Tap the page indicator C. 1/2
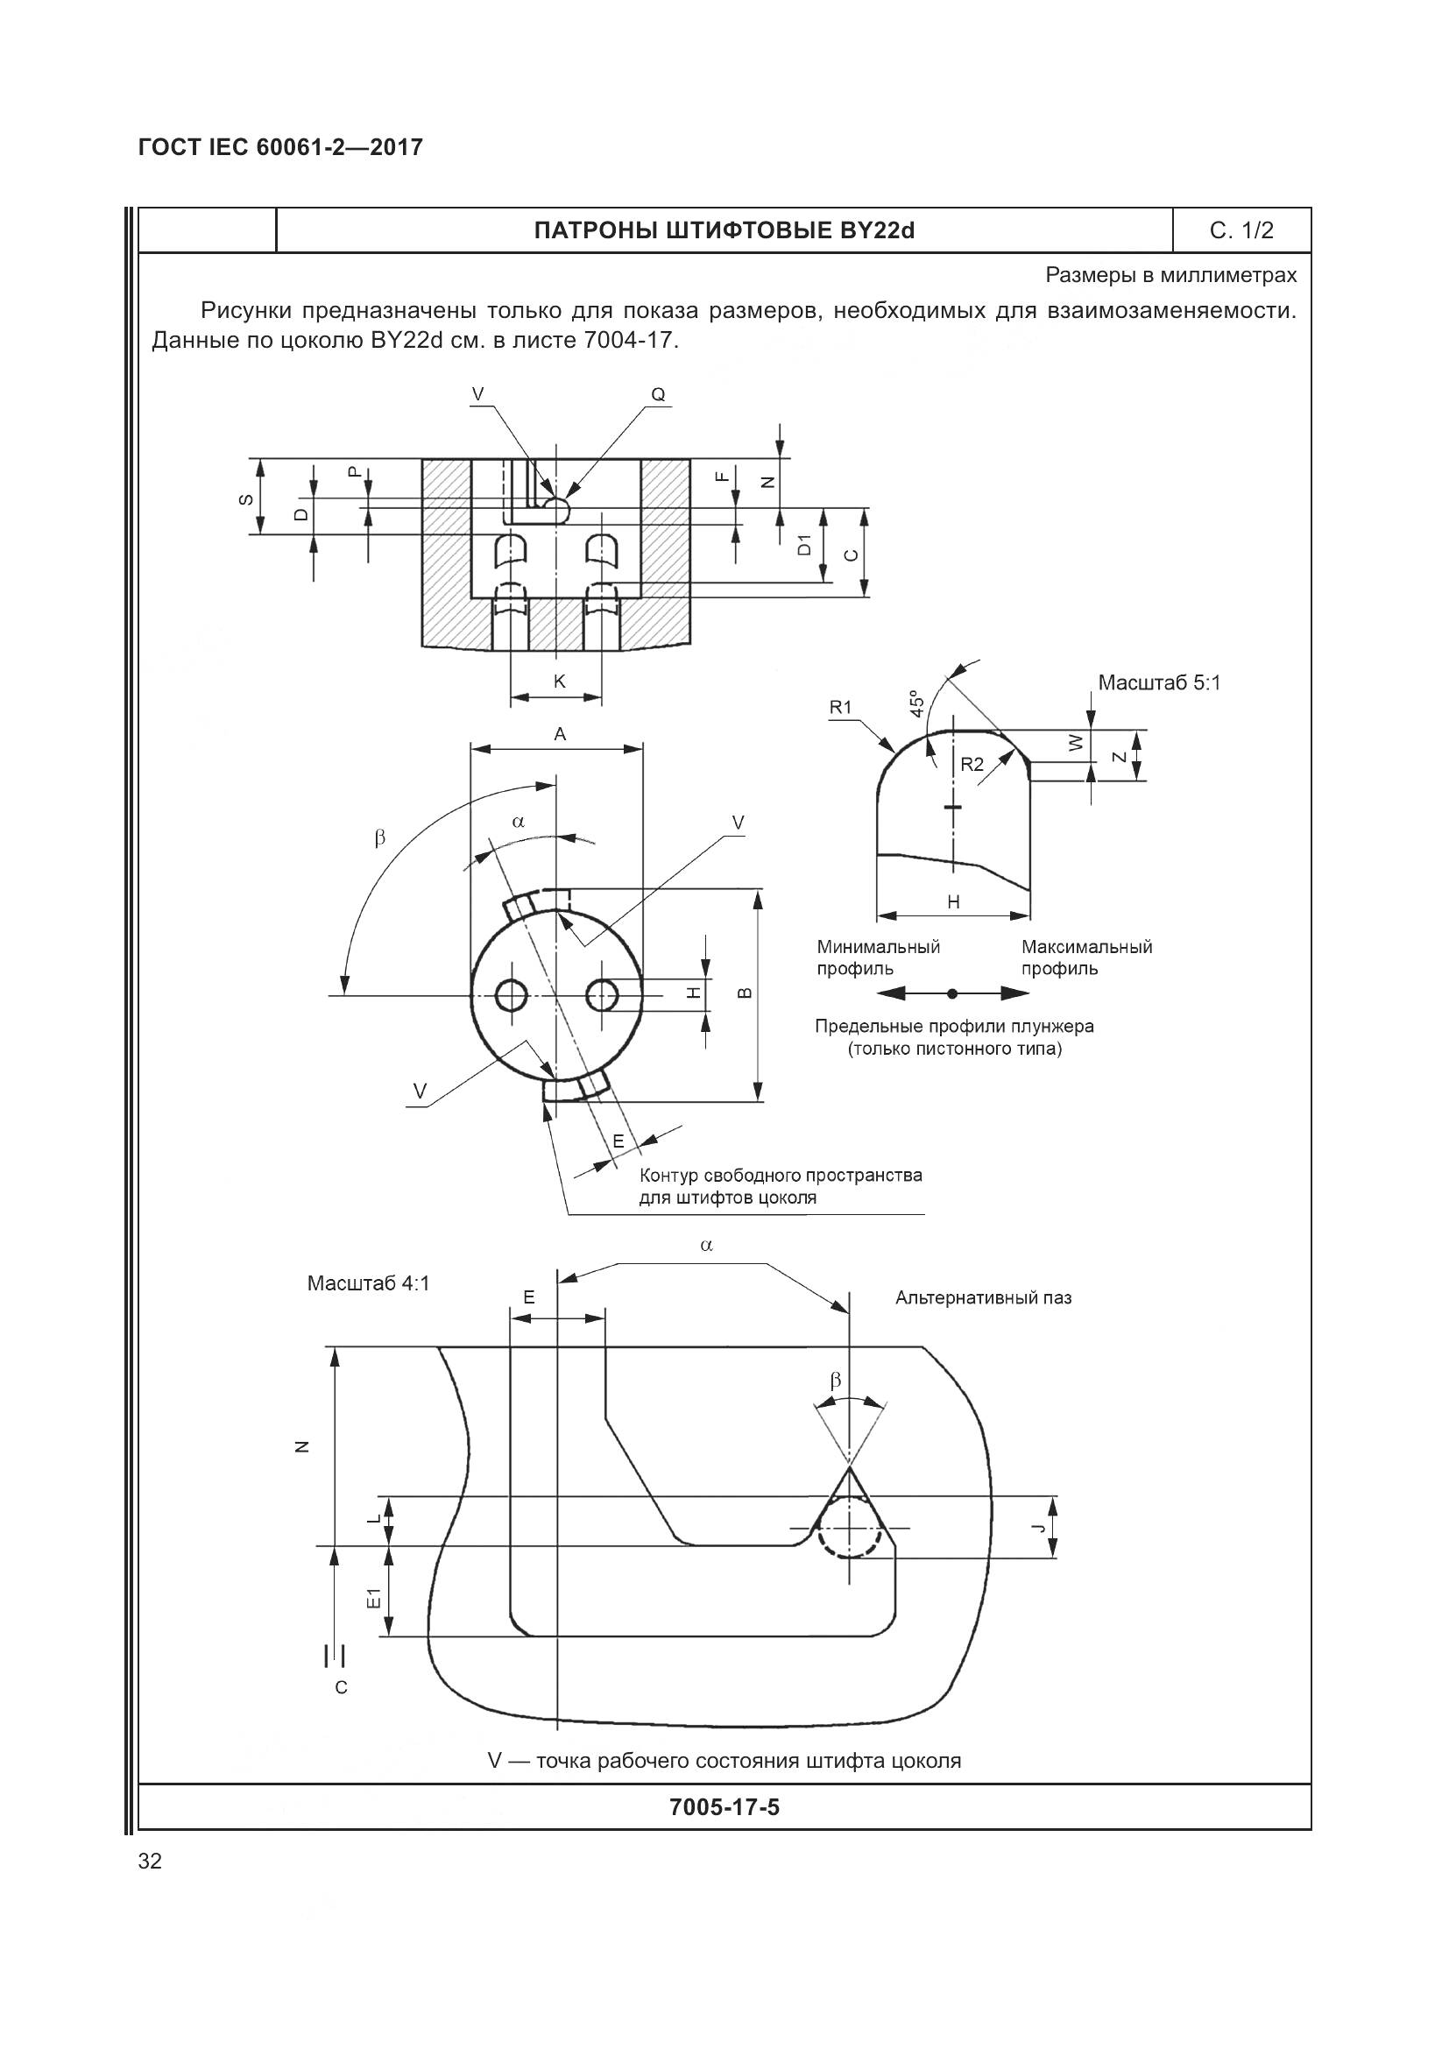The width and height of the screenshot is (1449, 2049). (1241, 231)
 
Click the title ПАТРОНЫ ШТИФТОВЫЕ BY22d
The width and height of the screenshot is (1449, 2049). (724, 231)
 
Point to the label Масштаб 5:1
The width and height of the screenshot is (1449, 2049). (1159, 682)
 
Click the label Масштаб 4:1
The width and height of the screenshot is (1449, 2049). (368, 1283)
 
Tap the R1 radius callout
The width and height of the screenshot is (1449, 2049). (840, 707)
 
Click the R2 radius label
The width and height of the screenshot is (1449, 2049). (972, 764)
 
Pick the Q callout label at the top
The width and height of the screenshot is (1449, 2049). (658, 394)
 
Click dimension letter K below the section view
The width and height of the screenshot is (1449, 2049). (560, 682)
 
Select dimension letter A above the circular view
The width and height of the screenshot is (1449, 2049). (560, 733)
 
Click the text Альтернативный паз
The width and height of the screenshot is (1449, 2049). (983, 1297)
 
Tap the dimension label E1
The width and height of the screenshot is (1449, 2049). (376, 1599)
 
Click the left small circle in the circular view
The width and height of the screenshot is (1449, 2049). (512, 995)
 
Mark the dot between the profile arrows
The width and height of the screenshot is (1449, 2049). (952, 993)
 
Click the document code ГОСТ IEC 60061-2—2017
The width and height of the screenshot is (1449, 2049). (280, 147)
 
